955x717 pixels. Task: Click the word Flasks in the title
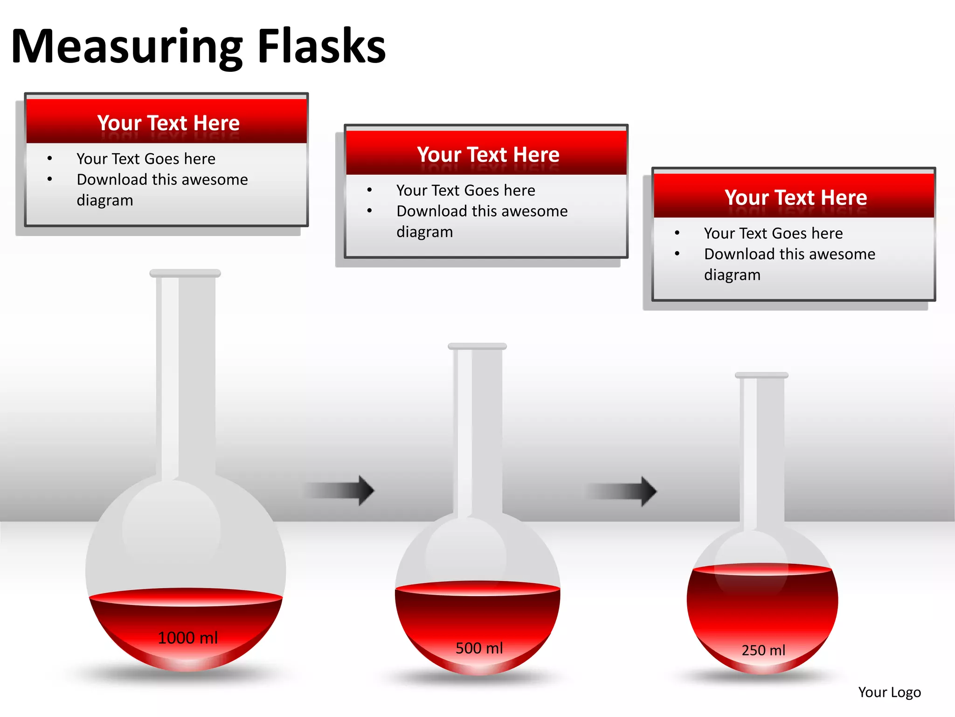[x=321, y=47]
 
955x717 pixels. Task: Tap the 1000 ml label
[x=187, y=638]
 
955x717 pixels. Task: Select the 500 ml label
[x=479, y=648]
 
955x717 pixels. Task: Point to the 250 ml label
[x=763, y=650]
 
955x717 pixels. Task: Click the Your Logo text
[x=889, y=692]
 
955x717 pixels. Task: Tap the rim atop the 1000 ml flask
[x=185, y=273]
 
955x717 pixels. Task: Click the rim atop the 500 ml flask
[x=477, y=346]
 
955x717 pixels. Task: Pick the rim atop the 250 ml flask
[x=761, y=375]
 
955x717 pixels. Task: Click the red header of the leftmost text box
[x=166, y=122]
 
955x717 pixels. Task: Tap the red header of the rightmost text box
[x=794, y=197]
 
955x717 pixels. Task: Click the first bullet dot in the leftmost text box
[x=49, y=159]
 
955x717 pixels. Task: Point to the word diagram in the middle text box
[x=424, y=232]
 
